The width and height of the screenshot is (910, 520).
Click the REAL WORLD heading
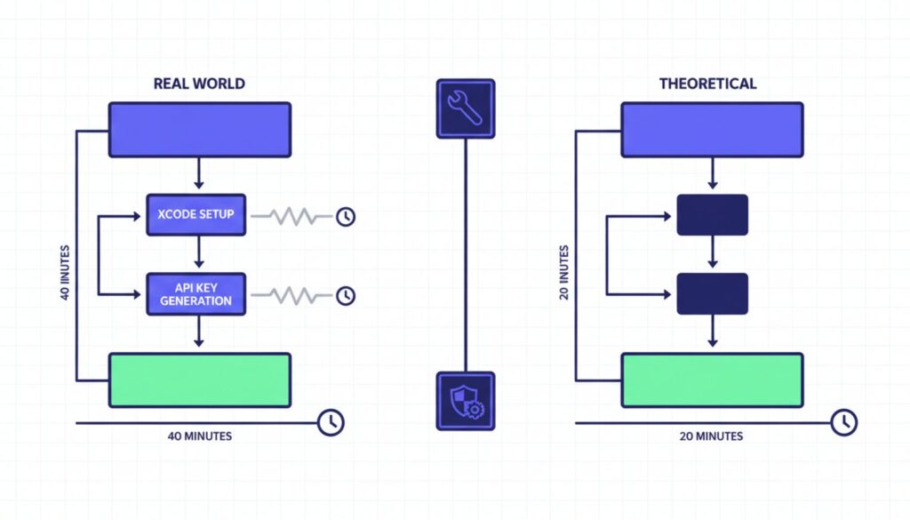coord(199,84)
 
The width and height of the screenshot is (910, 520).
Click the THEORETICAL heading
coord(707,84)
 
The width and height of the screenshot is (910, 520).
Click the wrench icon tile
coord(465,108)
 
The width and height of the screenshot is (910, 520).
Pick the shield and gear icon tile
coord(465,401)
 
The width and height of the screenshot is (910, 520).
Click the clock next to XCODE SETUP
coord(346,216)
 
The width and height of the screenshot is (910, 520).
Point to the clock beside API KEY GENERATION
coord(346,294)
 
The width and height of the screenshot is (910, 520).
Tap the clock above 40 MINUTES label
coord(331,422)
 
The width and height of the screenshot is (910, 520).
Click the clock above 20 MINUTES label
coord(843,422)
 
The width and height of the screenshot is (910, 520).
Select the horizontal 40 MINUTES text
coord(200,436)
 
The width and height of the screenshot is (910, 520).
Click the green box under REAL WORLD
coord(199,380)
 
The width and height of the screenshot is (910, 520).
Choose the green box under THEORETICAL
coord(712,380)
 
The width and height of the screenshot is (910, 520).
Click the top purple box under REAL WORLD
coord(199,130)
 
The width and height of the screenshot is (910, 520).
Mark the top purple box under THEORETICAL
coord(712,130)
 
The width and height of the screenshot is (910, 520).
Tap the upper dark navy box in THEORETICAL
coord(712,215)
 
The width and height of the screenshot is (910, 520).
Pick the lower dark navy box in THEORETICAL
coord(712,294)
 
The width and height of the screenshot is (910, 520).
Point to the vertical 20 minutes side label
coord(563,271)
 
